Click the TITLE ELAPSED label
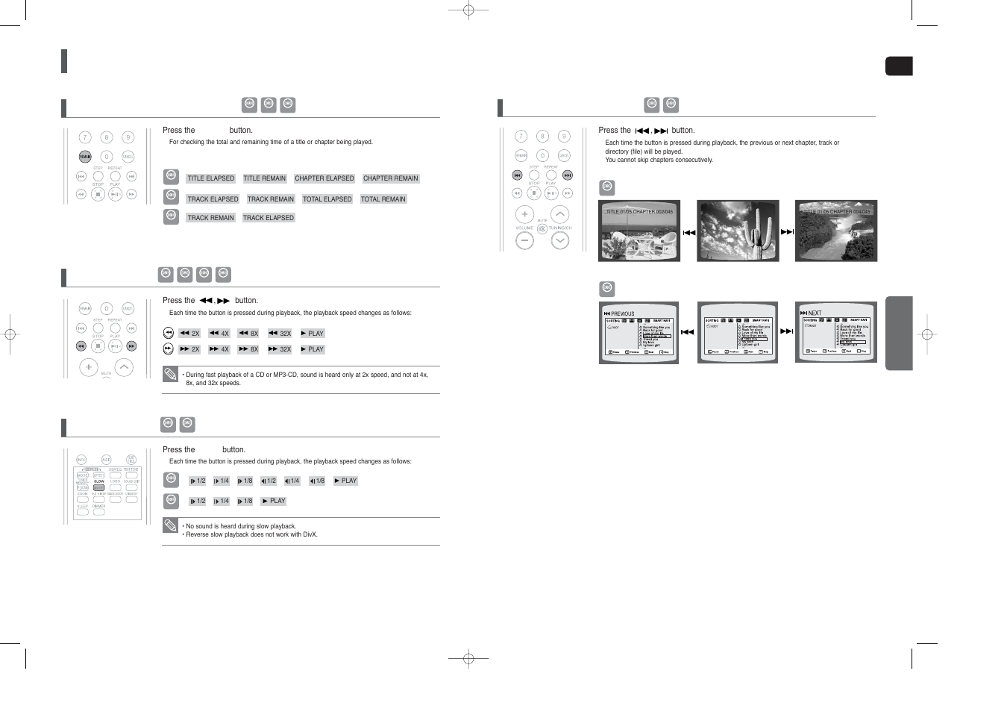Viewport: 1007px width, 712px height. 210,178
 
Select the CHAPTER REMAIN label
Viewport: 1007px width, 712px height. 390,178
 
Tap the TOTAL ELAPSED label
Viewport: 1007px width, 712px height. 327,199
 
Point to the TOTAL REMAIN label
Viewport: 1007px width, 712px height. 383,199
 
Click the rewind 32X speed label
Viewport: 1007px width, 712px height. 280,334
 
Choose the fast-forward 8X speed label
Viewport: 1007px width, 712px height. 248,349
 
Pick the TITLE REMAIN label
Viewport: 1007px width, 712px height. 264,178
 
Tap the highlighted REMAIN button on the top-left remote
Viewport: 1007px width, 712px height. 85,157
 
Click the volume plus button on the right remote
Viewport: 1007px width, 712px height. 524,214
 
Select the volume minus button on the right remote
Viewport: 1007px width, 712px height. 524,240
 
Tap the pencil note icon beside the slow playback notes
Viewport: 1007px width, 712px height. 171,525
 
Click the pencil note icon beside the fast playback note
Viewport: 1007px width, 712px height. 171,374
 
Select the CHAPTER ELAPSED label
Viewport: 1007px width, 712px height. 324,178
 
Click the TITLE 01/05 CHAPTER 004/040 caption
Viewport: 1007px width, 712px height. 836,212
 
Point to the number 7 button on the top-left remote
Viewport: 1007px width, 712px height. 85,137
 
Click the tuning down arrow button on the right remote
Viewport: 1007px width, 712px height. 559,240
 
